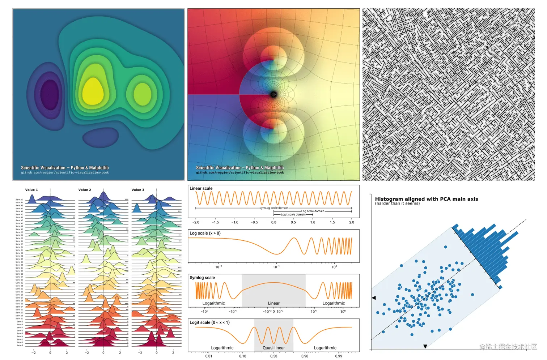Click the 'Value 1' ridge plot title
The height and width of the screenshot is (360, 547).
pos(31,190)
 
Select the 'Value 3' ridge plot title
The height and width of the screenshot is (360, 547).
pos(138,190)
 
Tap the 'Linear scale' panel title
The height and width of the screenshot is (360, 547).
pos(201,188)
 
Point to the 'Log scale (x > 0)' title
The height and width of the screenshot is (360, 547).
pos(205,233)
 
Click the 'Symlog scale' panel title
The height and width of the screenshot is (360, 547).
pos(202,278)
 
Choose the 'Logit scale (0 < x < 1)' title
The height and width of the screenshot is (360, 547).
pos(209,322)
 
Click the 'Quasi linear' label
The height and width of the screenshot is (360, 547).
pos(273,348)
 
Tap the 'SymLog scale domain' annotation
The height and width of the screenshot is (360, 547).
pos(273,208)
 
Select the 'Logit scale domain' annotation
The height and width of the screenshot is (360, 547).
pos(293,214)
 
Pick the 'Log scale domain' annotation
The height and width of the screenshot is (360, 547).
pos(313,211)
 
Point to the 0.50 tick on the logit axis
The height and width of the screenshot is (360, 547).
pos(273,356)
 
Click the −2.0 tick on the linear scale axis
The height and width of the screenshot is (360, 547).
pos(196,222)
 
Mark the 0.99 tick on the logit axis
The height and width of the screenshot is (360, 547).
pos(338,356)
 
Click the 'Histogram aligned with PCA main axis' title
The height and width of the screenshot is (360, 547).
pos(426,199)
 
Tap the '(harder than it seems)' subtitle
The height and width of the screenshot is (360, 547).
pos(397,203)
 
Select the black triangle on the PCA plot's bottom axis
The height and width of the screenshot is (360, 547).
pos(425,346)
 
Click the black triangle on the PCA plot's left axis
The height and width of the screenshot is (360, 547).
pos(374,298)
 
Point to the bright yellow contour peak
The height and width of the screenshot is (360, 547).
pos(93,90)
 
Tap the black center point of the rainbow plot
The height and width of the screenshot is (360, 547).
pos(273,95)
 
